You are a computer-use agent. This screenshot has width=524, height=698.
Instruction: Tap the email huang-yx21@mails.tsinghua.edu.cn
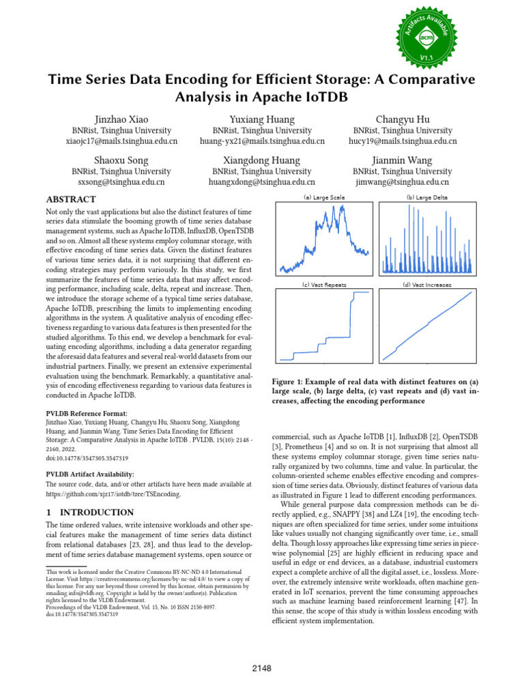click(261, 141)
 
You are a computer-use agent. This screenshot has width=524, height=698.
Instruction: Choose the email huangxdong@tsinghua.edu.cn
click(261, 182)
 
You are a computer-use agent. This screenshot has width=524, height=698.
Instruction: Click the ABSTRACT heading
click(70, 199)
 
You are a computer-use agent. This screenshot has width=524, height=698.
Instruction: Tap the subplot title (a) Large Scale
click(323, 197)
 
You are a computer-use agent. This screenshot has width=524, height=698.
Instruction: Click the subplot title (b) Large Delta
click(427, 197)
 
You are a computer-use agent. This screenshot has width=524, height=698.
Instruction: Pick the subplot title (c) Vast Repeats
click(323, 284)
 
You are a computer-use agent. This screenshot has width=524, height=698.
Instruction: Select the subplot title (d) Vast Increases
click(427, 284)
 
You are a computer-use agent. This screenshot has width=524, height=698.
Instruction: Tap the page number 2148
click(262, 669)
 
